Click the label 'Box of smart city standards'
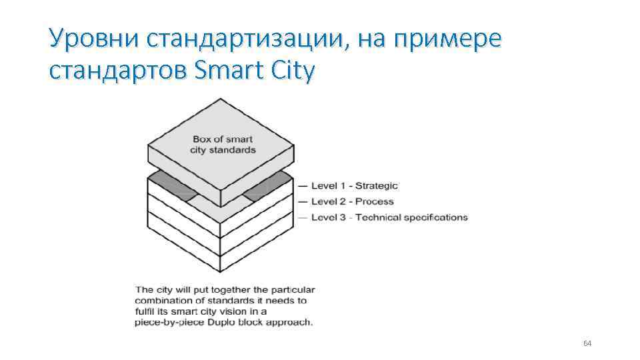[223, 145]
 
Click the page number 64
[587, 343]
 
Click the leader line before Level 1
[303, 185]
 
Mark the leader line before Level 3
[303, 217]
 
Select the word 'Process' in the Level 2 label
[375, 201]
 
